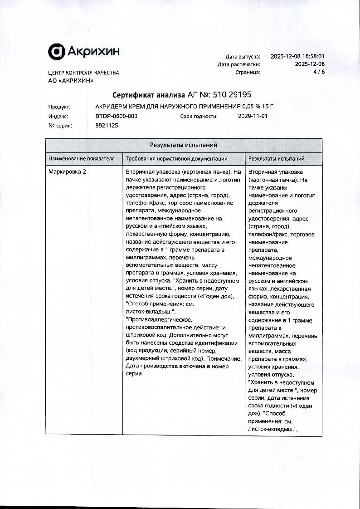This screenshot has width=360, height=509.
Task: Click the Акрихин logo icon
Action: point(56,52)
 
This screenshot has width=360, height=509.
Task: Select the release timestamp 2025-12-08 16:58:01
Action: point(297,57)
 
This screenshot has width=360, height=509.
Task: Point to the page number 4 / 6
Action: point(319,72)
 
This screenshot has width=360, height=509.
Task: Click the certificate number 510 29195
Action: point(232,95)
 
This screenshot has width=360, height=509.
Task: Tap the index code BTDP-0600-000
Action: point(117,116)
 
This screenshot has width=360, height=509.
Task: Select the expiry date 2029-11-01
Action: point(253,116)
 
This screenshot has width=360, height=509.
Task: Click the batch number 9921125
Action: point(107,126)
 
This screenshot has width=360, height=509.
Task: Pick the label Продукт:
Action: point(59,107)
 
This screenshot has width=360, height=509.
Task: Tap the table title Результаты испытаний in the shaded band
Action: point(184,145)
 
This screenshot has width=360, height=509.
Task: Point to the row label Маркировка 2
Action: point(67,172)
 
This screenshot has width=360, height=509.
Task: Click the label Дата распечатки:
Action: point(239,64)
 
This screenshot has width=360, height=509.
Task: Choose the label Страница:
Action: point(248,72)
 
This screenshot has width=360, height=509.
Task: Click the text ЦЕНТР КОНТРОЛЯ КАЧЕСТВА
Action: point(83,73)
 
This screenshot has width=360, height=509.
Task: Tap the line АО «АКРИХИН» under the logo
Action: point(71,81)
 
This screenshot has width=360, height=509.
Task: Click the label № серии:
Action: point(60,126)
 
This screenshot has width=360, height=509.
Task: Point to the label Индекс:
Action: point(58,116)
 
